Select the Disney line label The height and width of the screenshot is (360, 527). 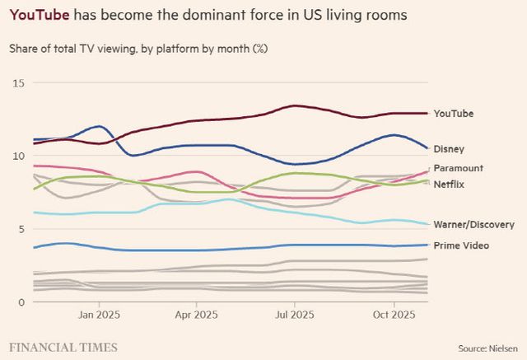point(450,149)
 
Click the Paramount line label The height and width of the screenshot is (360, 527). point(458,168)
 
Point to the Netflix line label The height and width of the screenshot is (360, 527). point(450,184)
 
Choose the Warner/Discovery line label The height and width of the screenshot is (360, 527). point(474,224)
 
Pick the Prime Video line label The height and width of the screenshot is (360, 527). point(461,245)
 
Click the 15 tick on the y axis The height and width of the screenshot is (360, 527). point(19,83)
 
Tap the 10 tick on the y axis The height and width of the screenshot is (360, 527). point(19,156)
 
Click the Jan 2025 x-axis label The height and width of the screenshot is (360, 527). point(99,316)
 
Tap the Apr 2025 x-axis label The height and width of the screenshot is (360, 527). point(196,316)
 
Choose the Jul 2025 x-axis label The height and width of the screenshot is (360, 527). point(294,316)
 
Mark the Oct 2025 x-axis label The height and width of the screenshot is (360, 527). point(394,316)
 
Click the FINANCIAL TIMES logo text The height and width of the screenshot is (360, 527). point(63,347)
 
